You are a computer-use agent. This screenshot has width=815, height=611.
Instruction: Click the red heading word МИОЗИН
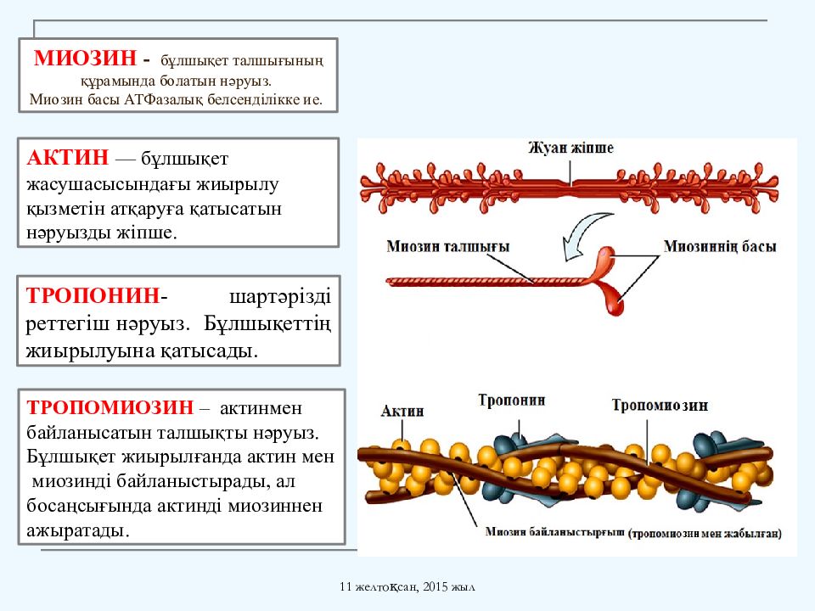(85, 58)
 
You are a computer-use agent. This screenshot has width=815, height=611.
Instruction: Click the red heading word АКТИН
(68, 157)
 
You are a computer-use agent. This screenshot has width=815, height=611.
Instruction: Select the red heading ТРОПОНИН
(93, 295)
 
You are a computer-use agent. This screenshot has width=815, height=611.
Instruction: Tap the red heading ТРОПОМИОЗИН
(110, 406)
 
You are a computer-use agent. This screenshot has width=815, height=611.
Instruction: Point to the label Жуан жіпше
(570, 148)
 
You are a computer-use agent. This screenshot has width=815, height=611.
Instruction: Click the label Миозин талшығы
(447, 246)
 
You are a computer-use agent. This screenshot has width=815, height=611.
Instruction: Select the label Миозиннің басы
(720, 246)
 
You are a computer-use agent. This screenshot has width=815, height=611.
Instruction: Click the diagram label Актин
(402, 411)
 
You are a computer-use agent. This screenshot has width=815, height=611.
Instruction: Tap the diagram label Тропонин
(511, 401)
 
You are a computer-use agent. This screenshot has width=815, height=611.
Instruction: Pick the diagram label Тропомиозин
(660, 406)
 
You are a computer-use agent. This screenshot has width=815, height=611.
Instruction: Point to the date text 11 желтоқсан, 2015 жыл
(407, 587)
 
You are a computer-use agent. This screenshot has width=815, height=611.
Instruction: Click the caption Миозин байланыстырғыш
(554, 532)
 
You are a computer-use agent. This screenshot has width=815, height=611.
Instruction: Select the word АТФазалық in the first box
(164, 99)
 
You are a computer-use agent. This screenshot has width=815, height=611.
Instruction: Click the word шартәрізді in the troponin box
(280, 297)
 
